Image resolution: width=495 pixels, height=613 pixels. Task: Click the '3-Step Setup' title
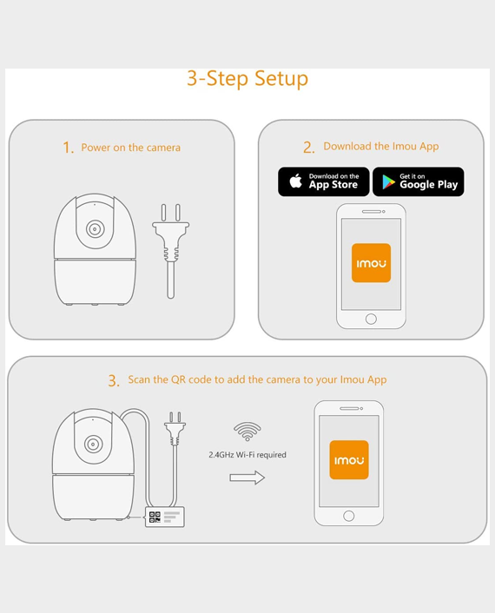coord(247,79)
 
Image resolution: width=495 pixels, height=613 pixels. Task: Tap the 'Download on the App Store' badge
coord(324,181)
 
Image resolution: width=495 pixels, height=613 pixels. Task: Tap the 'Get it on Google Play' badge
coord(419,181)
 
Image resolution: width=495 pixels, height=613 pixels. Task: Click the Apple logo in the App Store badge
coord(296,181)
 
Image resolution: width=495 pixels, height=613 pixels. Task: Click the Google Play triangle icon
coord(388,182)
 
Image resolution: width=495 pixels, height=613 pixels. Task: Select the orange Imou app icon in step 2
coord(371,263)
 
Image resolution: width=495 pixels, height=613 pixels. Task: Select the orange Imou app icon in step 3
coord(349,460)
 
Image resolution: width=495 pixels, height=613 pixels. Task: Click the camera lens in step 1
coord(95,228)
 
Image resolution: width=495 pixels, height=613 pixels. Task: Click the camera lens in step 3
coord(93,444)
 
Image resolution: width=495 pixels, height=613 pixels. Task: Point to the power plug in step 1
coord(171,251)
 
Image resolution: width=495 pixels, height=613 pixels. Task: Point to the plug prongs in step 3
coord(175,418)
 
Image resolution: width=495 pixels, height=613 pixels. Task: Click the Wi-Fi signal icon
coord(247,432)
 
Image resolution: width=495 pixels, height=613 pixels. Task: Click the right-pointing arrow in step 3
coord(247,478)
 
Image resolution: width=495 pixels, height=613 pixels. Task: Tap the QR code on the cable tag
coord(155,517)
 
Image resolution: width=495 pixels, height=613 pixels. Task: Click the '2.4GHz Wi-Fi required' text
coord(247,455)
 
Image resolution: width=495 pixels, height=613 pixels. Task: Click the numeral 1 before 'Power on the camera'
coord(68,148)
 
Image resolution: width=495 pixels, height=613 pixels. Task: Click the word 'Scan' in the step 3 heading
coord(139,379)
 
